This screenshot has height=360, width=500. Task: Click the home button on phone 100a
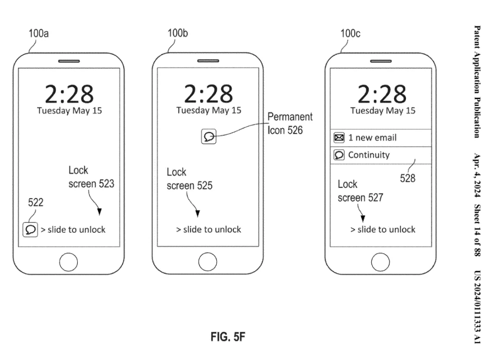69,262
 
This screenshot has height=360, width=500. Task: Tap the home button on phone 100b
207,262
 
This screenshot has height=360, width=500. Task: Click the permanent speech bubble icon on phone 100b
209,137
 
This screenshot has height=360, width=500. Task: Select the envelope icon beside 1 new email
338,137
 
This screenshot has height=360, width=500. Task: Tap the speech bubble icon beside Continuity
338,155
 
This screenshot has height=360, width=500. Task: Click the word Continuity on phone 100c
369,155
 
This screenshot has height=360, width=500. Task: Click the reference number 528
407,178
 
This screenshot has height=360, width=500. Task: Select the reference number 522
36,203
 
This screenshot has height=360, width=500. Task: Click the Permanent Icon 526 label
290,124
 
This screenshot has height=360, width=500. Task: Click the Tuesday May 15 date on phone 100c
382,111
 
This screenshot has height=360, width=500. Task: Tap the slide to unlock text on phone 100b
208,230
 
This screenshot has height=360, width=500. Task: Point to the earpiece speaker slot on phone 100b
207,61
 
